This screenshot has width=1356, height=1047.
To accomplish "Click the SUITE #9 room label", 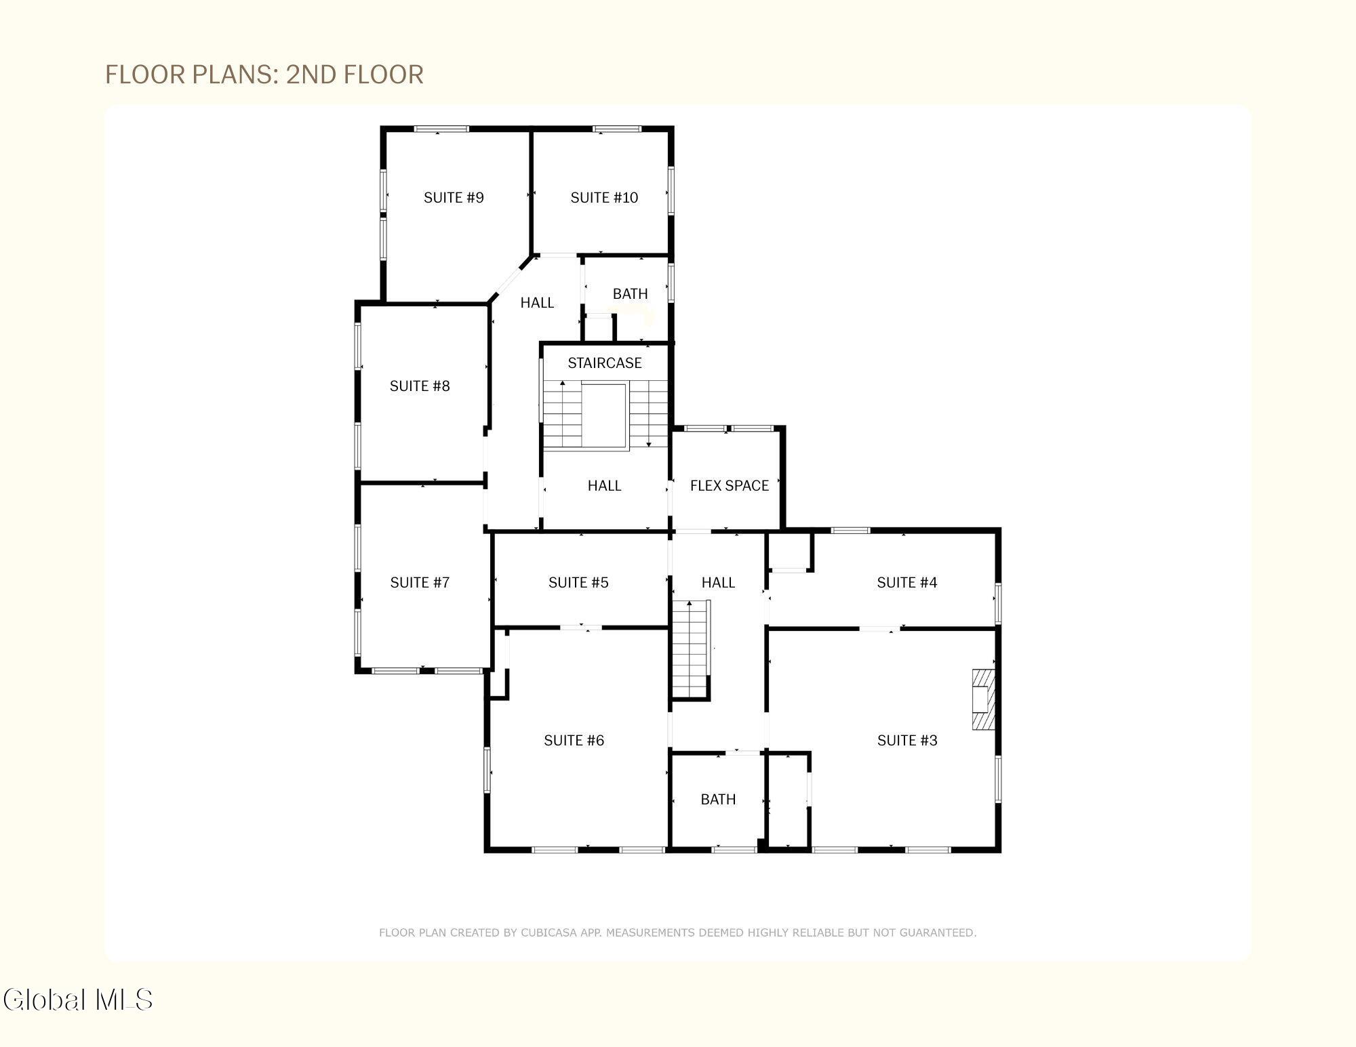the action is coord(454,197).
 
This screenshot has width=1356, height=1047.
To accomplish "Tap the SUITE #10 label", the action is coord(604,197).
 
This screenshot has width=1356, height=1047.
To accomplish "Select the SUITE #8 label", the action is coord(420,386).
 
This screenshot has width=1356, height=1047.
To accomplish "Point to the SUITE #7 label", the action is coord(420,582).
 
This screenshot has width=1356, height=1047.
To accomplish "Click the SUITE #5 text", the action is coord(578,582).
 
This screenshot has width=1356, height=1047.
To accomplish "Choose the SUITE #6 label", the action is coord(574,740).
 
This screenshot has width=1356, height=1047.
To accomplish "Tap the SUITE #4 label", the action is coord(907,582).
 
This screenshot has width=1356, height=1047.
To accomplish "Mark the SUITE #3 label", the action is coord(907,740).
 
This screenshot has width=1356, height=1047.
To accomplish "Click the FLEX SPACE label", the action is coord(730,485).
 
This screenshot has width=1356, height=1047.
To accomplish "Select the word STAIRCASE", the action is coord(605,363).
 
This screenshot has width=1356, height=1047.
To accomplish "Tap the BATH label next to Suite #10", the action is coord(631,293).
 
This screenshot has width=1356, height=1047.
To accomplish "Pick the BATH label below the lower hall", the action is coord(718,799).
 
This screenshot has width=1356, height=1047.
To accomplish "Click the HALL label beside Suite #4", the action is coord(718,582).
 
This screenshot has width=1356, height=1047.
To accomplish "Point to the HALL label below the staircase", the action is coord(604,485).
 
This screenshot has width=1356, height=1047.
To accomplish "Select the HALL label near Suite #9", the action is coord(537,302).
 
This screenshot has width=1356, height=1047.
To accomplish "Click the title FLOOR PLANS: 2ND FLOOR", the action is coord(264,74).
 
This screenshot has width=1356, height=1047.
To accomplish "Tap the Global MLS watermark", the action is coord(78,1000).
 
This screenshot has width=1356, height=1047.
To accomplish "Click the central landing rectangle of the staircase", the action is coord(604,415).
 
